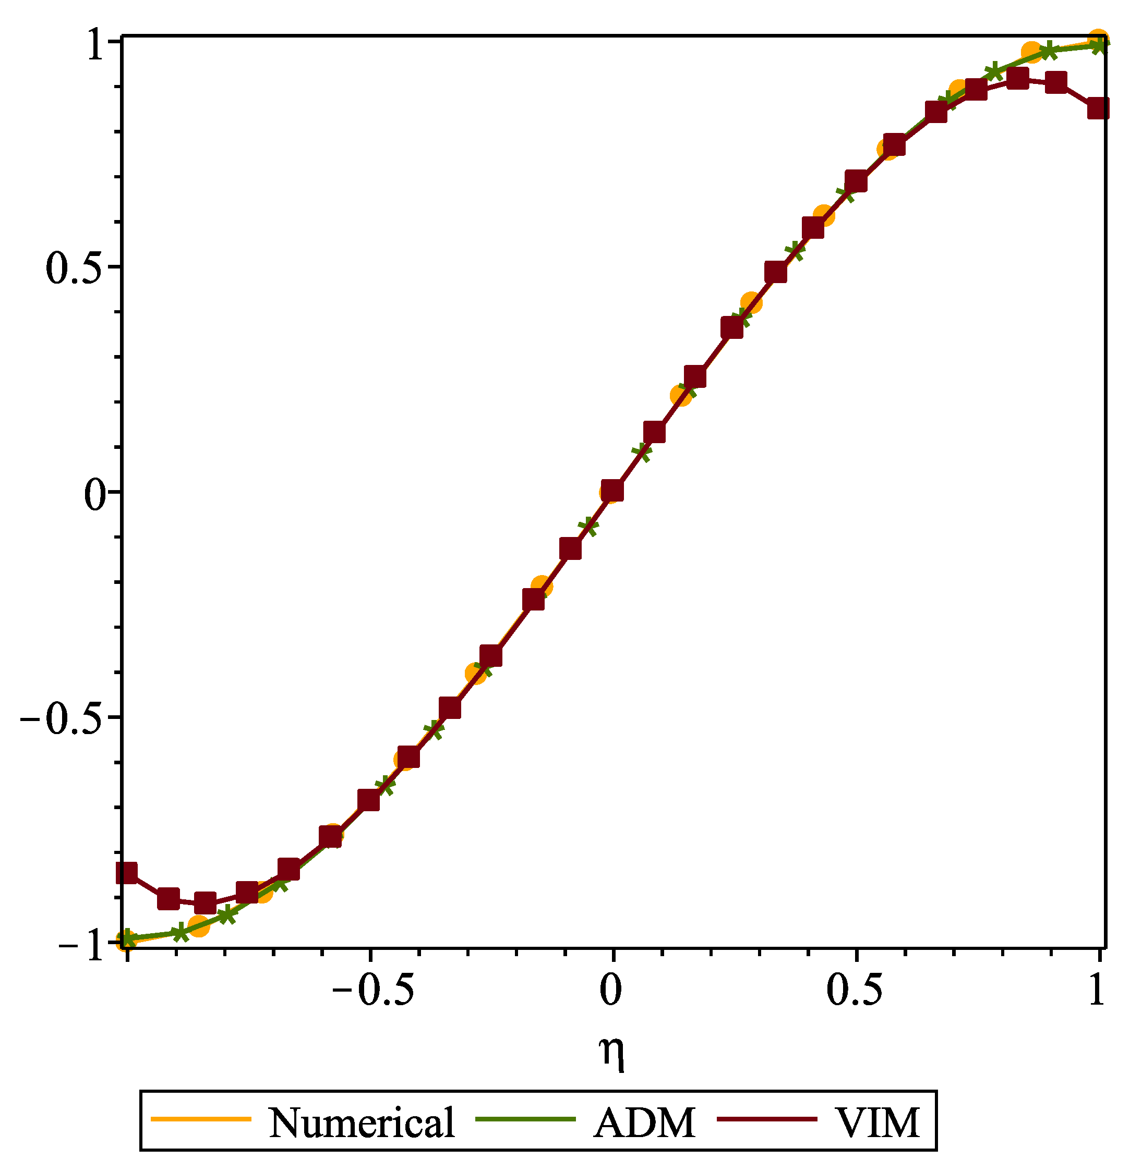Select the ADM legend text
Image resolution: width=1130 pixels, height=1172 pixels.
644,1122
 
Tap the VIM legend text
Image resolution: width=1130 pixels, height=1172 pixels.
877,1122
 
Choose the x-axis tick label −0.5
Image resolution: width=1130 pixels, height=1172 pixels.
372,992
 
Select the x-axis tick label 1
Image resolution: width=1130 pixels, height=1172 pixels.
1096,992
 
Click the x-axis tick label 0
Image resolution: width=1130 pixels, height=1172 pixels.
611,992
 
